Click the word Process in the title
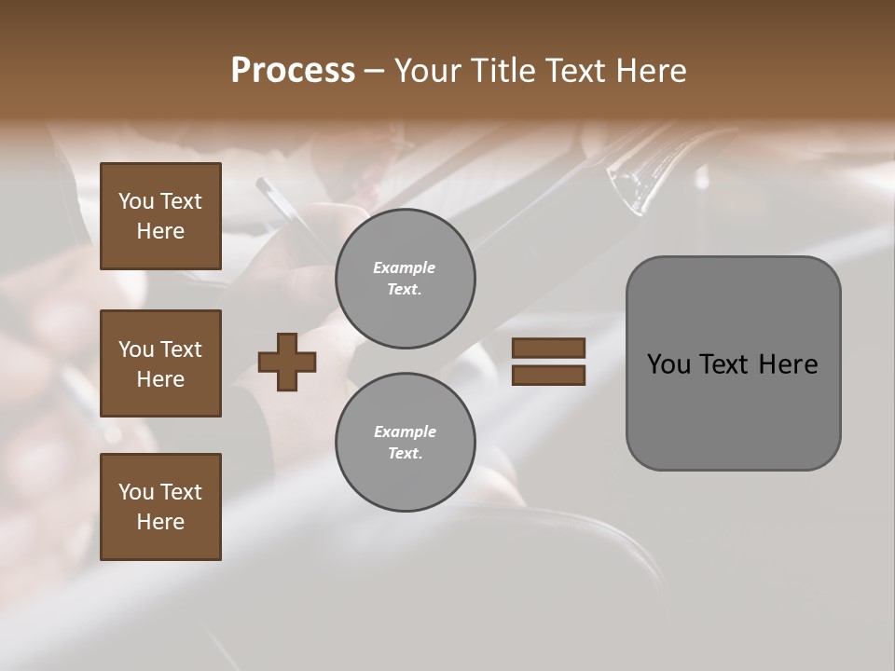[293, 71]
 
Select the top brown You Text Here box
[160, 216]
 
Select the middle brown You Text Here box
[160, 363]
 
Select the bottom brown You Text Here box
[160, 506]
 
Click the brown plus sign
[287, 362]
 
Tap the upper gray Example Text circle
[405, 279]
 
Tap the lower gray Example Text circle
[405, 443]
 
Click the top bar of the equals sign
[548, 349]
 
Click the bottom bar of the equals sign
[548, 375]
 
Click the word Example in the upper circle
[405, 267]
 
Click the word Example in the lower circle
[405, 431]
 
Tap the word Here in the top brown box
[160, 231]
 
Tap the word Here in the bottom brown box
[160, 522]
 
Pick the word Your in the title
[427, 71]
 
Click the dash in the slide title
[374, 72]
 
